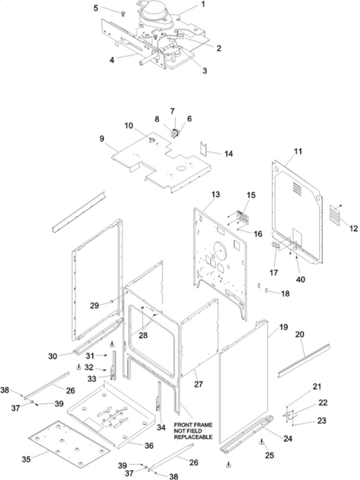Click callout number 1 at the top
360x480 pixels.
[203, 5]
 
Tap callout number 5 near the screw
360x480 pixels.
[96, 9]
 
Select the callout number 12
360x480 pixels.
[353, 228]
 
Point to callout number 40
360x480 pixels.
[301, 279]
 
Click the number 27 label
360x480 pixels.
[198, 384]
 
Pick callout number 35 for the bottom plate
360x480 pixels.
[26, 459]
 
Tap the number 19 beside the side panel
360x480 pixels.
[284, 327]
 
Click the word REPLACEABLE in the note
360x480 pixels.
[193, 437]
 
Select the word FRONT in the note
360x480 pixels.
[182, 425]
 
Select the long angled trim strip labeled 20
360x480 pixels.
[304, 360]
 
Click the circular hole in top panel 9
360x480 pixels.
[181, 169]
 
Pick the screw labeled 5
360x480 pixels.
[123, 13]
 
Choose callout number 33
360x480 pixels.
[92, 379]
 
